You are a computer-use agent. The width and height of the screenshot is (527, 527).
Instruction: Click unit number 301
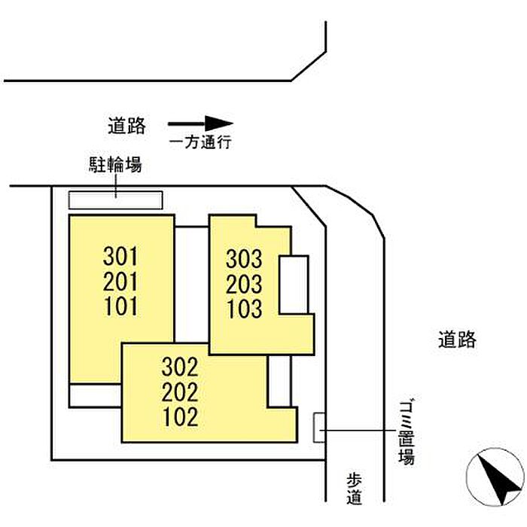120,256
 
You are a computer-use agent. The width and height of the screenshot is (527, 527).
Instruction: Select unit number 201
120,282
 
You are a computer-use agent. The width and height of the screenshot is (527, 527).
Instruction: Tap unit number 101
120,306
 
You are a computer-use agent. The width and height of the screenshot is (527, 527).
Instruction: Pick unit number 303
244,259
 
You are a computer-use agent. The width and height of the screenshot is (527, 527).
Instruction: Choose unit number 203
244,284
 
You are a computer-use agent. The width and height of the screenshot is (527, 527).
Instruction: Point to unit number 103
245,309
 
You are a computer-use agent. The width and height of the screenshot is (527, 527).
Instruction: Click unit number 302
180,367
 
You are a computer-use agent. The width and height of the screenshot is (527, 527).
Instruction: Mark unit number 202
180,392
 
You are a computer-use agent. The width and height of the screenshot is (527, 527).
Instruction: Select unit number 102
181,417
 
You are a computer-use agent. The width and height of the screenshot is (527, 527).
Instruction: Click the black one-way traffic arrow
201,123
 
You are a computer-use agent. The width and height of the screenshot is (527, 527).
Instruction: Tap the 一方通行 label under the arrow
200,142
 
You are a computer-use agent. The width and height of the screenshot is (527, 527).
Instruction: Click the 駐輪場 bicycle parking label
115,165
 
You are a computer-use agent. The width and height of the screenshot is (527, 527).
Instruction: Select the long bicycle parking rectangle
116,200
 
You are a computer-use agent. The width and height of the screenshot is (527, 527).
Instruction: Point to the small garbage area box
319,428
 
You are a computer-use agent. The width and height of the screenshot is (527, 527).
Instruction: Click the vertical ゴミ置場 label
407,432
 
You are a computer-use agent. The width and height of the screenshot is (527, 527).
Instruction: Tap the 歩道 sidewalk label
355,489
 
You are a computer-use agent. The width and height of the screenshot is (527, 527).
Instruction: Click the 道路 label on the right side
457,340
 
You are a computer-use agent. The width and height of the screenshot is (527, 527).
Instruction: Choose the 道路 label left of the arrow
126,126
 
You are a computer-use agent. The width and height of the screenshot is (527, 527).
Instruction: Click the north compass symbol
495,477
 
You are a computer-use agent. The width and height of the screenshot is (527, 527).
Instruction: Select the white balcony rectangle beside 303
294,285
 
